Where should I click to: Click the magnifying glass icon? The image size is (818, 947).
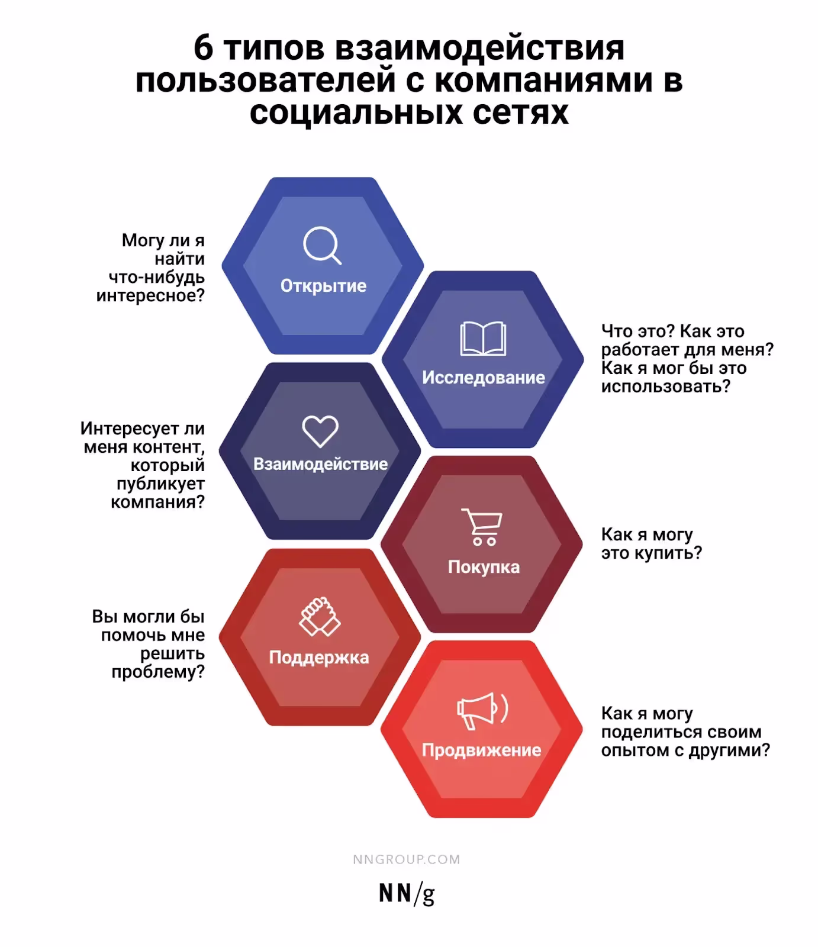322,244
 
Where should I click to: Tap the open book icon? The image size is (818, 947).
483,339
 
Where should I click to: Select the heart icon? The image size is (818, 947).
320,431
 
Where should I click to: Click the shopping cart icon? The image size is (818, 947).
482,527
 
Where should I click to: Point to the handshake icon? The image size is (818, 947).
319,617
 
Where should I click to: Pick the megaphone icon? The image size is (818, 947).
482,711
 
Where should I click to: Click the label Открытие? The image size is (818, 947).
323,286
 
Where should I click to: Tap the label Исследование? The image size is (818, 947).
484,378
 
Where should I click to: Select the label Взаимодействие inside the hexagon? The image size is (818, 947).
320,464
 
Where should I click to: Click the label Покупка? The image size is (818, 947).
484,567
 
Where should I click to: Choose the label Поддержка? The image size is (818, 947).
319,658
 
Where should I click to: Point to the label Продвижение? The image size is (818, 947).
481,750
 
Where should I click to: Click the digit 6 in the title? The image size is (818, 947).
203,48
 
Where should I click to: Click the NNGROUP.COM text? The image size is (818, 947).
407,859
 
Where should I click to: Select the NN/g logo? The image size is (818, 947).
407,894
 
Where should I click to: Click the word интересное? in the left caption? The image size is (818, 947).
150,295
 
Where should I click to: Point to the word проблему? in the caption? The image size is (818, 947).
158,672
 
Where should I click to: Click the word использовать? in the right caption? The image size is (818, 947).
666,386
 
